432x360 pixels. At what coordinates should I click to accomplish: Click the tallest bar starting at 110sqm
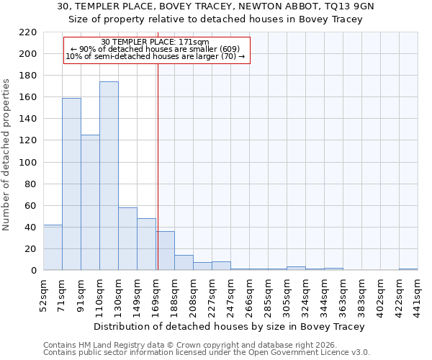point(109,176)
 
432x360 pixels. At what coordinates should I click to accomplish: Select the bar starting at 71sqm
point(71,184)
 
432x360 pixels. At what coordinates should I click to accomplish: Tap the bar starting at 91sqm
point(90,202)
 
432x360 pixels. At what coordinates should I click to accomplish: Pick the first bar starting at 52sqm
point(53,247)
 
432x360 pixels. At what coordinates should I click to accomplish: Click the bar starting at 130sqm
point(127,238)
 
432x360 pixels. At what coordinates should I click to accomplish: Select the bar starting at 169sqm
point(165,251)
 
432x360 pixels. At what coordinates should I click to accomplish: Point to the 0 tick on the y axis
point(34,271)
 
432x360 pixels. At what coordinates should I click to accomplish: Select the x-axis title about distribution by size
point(230,326)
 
